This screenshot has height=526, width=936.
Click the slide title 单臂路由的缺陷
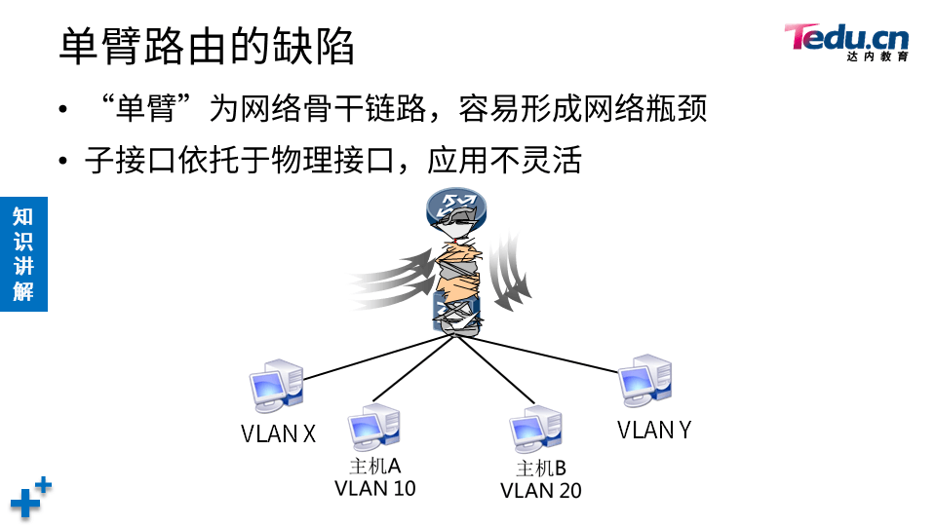pyautogui.click(x=207, y=46)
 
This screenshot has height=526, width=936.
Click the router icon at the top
pyautogui.click(x=455, y=207)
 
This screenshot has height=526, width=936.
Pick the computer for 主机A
pyautogui.click(x=374, y=428)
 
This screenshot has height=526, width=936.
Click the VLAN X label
pyautogui.click(x=278, y=433)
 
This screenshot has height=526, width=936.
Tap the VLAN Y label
pyautogui.click(x=653, y=429)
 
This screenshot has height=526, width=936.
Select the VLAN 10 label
pyautogui.click(x=374, y=488)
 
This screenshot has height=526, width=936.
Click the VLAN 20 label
pyautogui.click(x=540, y=490)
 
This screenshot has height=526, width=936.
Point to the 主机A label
pyautogui.click(x=374, y=467)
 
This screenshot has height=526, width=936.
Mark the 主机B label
pyautogui.click(x=540, y=469)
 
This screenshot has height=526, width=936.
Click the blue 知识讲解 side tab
pyautogui.click(x=23, y=253)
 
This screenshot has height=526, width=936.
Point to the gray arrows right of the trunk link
pyautogui.click(x=509, y=267)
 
